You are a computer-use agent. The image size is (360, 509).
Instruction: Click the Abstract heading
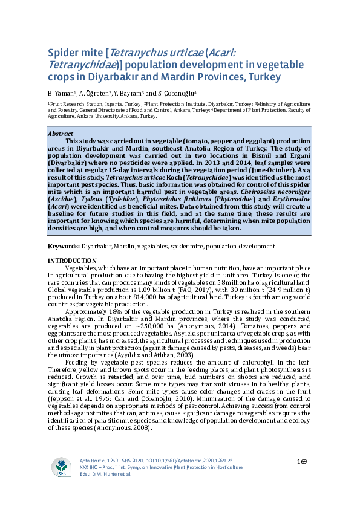(x=61, y=134)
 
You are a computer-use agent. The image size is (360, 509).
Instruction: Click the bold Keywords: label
(x=64, y=247)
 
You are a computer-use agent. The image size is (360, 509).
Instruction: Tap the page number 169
(x=303, y=462)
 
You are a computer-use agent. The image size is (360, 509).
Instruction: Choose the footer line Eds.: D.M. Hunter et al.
(x=106, y=474)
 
